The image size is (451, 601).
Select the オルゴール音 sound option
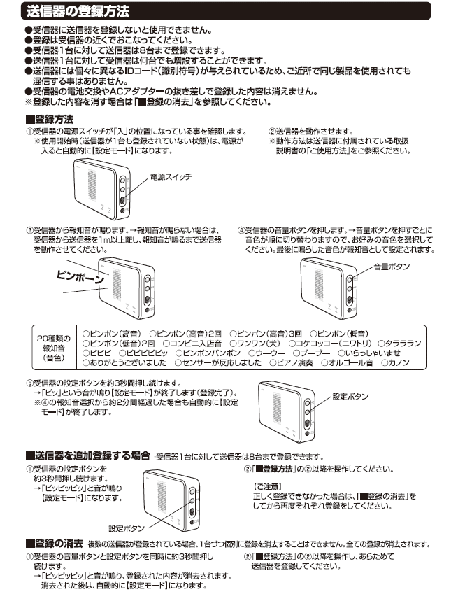[x=352, y=363]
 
